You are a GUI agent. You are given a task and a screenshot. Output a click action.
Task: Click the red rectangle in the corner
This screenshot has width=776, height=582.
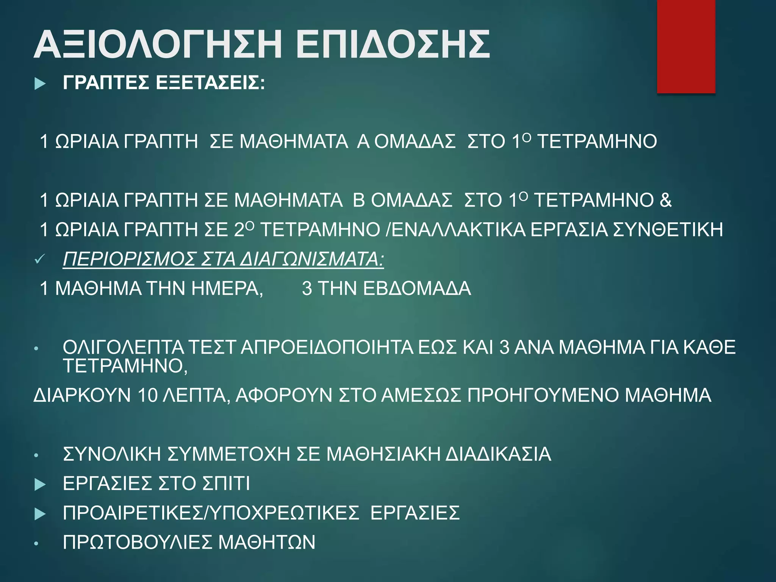point(686,46)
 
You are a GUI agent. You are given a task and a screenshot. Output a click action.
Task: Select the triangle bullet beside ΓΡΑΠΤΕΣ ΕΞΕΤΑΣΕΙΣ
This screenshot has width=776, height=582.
point(40,83)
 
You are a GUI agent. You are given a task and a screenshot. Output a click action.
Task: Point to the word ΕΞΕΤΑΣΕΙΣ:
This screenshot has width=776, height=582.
point(210,83)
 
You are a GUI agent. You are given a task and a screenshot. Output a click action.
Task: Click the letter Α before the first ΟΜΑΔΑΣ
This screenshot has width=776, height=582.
point(363,142)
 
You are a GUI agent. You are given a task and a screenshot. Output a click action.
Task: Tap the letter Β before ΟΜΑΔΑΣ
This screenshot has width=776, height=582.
point(359,200)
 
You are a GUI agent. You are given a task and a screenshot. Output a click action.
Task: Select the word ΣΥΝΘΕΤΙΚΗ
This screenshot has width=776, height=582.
point(668,230)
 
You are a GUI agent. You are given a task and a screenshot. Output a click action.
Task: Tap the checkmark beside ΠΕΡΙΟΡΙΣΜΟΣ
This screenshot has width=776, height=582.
point(39,260)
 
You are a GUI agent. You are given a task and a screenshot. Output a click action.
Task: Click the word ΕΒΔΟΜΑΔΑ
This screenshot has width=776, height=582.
point(417,289)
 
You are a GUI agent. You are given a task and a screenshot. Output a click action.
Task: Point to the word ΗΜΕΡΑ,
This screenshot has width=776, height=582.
point(227,289)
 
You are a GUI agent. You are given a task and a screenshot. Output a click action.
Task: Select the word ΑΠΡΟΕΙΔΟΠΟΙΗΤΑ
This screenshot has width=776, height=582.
point(327,347)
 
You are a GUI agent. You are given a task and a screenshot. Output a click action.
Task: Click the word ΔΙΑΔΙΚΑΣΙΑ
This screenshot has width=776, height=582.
point(498,454)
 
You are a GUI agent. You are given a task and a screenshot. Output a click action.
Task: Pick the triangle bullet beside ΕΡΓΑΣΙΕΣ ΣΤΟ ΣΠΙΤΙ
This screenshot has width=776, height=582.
point(40,484)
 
